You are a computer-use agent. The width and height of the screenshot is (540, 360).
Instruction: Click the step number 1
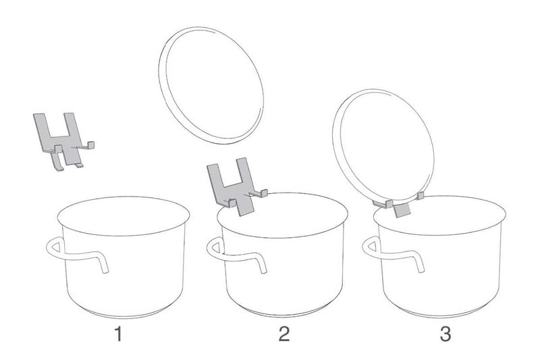coord(119,334)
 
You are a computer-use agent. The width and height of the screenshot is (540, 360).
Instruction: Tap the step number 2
coord(284,334)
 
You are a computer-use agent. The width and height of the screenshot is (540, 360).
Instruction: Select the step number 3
coord(446,334)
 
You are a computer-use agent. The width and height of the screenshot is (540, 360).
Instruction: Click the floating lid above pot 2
coord(211,85)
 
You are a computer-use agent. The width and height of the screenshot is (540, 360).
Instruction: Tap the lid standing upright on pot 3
coord(383,147)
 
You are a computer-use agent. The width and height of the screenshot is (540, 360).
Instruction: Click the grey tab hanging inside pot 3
coord(402,210)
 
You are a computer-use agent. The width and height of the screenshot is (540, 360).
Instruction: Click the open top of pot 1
coord(124,216)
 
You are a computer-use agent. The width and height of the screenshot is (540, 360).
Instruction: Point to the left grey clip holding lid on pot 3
coord(383,204)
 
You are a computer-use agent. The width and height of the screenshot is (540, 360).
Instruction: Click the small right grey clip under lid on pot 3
coord(420,197)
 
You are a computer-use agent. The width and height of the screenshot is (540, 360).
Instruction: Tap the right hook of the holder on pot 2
coord(260,194)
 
